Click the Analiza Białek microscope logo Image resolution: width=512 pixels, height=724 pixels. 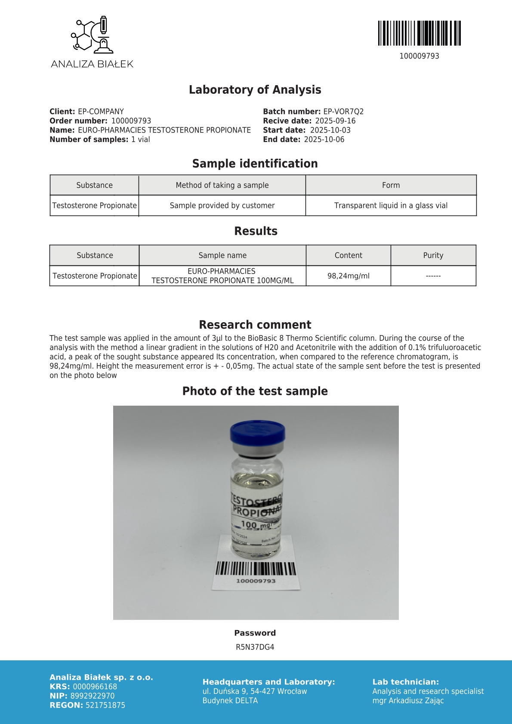click(x=92, y=35)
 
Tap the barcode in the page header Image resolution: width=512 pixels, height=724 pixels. click(x=419, y=33)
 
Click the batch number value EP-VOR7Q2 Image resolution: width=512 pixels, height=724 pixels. click(x=343, y=111)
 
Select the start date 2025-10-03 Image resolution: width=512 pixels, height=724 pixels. click(x=330, y=130)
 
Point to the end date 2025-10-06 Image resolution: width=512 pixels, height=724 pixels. click(x=324, y=139)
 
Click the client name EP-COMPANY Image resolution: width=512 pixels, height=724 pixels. click(x=101, y=111)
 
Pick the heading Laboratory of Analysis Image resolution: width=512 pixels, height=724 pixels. click(x=255, y=89)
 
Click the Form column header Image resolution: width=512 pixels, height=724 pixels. click(x=391, y=185)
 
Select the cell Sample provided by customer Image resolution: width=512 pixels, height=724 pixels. click(x=222, y=205)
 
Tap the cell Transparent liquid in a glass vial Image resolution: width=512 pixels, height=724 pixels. click(x=391, y=205)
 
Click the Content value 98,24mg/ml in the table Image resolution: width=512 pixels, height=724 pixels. click(x=348, y=276)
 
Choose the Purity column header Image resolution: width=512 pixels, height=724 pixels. click(x=433, y=255)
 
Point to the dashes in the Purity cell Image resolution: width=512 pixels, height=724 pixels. click(x=433, y=276)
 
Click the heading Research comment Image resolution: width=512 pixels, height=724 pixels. click(x=255, y=324)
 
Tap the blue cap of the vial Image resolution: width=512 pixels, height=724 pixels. click(x=257, y=434)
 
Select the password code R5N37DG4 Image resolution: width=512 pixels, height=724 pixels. click(x=255, y=647)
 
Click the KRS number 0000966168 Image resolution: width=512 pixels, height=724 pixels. click(x=95, y=687)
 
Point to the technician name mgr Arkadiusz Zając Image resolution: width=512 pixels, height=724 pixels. click(x=408, y=700)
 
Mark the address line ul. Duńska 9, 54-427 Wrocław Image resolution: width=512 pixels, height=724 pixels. click(x=255, y=691)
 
